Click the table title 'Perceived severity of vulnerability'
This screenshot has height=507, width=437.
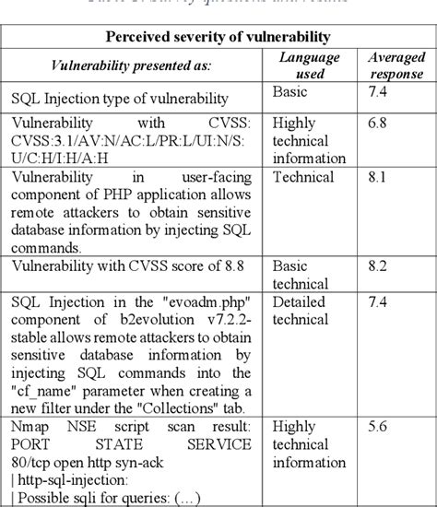218,37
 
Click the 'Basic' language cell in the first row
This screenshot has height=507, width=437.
290,92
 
